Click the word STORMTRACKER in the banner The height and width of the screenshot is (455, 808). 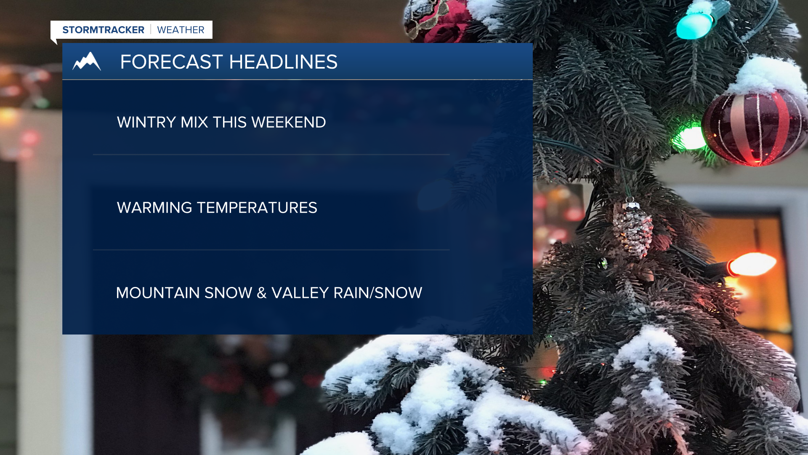(103, 30)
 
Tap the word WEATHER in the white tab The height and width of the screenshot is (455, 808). (181, 30)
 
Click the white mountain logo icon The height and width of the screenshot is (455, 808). (87, 61)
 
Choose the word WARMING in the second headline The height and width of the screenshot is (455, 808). (154, 208)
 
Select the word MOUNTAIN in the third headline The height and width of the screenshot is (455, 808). (158, 293)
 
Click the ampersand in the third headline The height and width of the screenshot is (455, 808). (262, 293)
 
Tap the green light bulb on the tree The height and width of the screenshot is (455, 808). (690, 138)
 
